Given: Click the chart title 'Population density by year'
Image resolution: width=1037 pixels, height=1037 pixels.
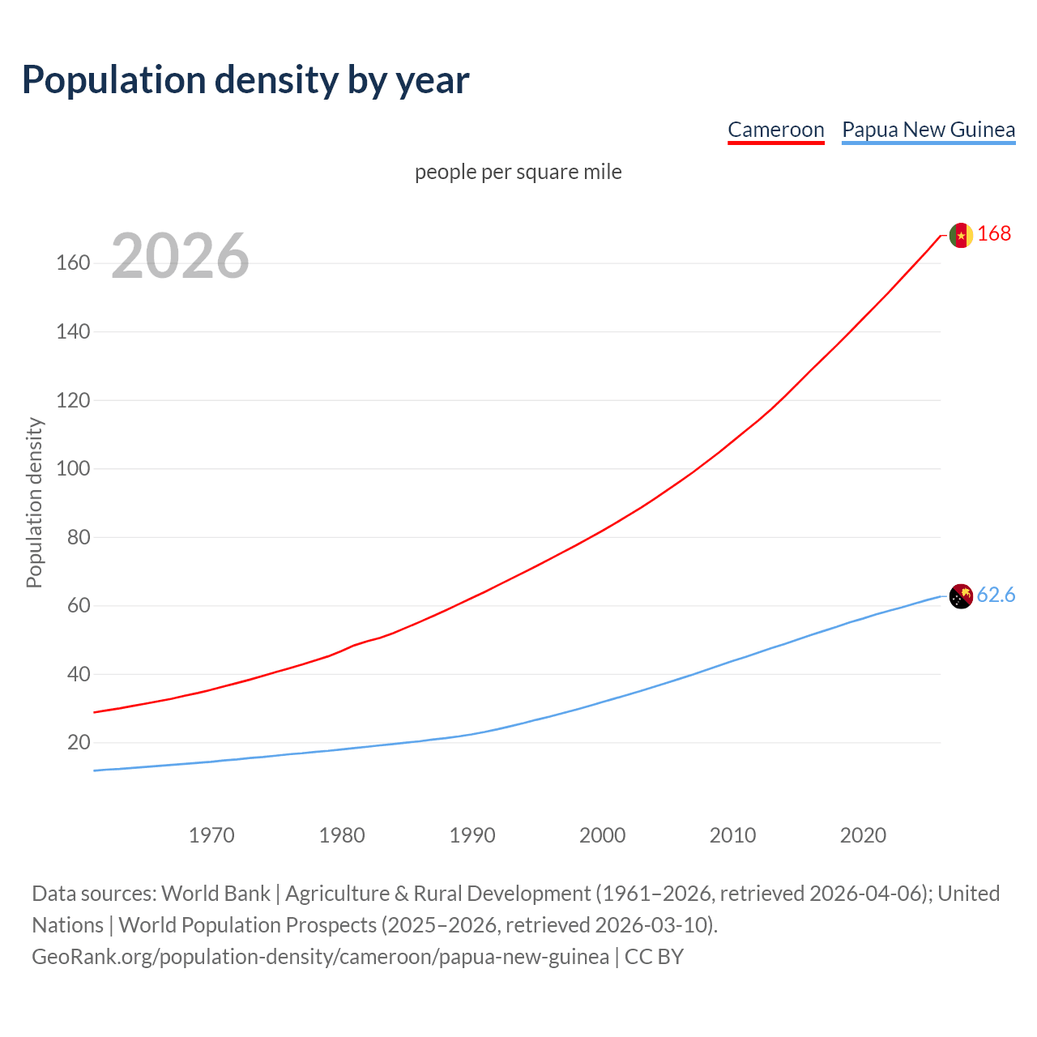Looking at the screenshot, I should click(245, 80).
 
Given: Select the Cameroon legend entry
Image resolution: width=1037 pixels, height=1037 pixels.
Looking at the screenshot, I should click(775, 130).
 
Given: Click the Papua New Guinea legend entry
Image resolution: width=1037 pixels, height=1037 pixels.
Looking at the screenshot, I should click(928, 130).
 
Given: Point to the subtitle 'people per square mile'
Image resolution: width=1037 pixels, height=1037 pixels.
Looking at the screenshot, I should click(518, 172).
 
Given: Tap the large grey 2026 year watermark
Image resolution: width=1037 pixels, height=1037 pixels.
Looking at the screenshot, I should click(180, 256).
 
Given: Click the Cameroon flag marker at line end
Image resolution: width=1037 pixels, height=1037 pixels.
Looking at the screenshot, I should click(961, 235).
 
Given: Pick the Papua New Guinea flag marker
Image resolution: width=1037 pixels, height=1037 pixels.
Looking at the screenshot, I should click(961, 596).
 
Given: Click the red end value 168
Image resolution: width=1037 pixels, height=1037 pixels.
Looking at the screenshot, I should click(994, 233).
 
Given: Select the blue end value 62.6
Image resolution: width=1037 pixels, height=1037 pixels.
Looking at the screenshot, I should click(996, 595).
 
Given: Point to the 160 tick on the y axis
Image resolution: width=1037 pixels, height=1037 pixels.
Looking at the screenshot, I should click(73, 263).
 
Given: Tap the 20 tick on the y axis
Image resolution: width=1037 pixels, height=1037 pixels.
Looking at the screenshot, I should click(79, 743).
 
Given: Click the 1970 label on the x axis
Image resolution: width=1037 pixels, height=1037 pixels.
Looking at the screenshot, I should click(211, 835).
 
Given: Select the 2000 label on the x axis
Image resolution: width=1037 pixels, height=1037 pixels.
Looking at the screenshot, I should click(602, 835).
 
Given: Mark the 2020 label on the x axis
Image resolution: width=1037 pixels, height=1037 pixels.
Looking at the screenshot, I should click(863, 835).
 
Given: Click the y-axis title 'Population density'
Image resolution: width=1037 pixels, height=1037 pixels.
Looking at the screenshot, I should click(34, 502).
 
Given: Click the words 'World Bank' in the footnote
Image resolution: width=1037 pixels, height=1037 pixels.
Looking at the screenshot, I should click(216, 894).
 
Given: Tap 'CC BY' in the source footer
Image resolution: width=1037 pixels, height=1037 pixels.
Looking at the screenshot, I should click(654, 957).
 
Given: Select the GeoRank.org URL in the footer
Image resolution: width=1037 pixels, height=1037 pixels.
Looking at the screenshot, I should click(320, 957).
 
